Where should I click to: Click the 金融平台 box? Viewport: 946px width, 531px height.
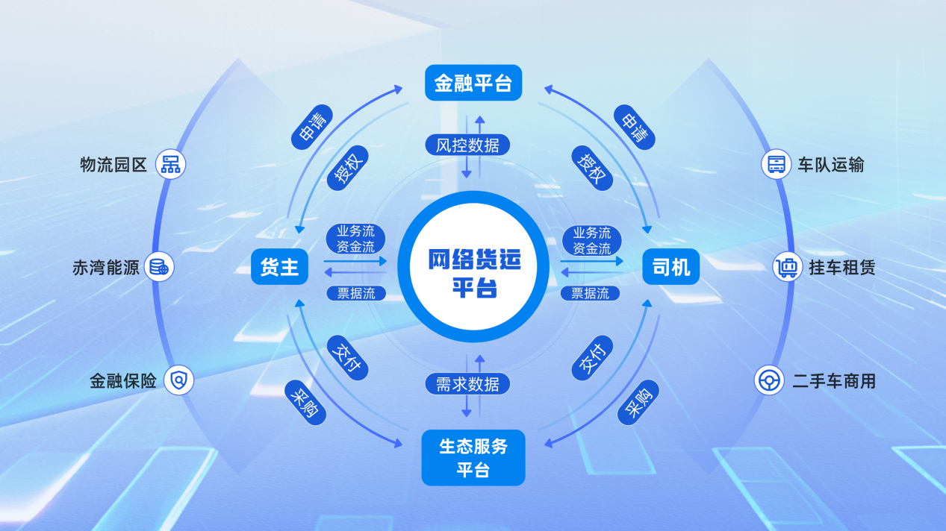pyautogui.click(x=473, y=83)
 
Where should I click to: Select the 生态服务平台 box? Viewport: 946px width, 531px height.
pyautogui.click(x=473, y=457)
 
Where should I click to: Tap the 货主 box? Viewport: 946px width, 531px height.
pyautogui.click(x=280, y=266)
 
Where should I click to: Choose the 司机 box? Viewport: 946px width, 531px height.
pyautogui.click(x=670, y=266)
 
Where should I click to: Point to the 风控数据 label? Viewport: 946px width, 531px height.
pyautogui.click(x=468, y=145)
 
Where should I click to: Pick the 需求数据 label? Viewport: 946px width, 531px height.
pyautogui.click(x=468, y=384)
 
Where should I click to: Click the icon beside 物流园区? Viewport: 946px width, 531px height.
pyautogui.click(x=171, y=164)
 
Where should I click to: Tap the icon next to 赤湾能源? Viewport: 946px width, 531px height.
pyautogui.click(x=159, y=267)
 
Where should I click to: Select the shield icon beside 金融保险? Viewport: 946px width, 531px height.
pyautogui.click(x=179, y=381)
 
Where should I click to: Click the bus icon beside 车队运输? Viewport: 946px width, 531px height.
pyautogui.click(x=776, y=164)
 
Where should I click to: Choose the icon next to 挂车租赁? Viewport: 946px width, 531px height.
pyautogui.click(x=787, y=267)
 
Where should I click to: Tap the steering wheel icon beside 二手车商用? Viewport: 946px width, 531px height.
pyautogui.click(x=768, y=381)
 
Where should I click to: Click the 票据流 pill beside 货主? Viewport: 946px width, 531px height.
pyautogui.click(x=356, y=293)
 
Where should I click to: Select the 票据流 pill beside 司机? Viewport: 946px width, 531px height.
pyautogui.click(x=590, y=293)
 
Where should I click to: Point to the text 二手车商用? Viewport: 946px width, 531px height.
pyautogui.click(x=833, y=382)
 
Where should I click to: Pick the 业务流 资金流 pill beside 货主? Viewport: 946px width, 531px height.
pyautogui.click(x=356, y=239)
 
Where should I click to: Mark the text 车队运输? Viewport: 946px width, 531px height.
pyautogui.click(x=830, y=165)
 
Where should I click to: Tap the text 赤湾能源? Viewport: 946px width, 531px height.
pyautogui.click(x=106, y=268)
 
